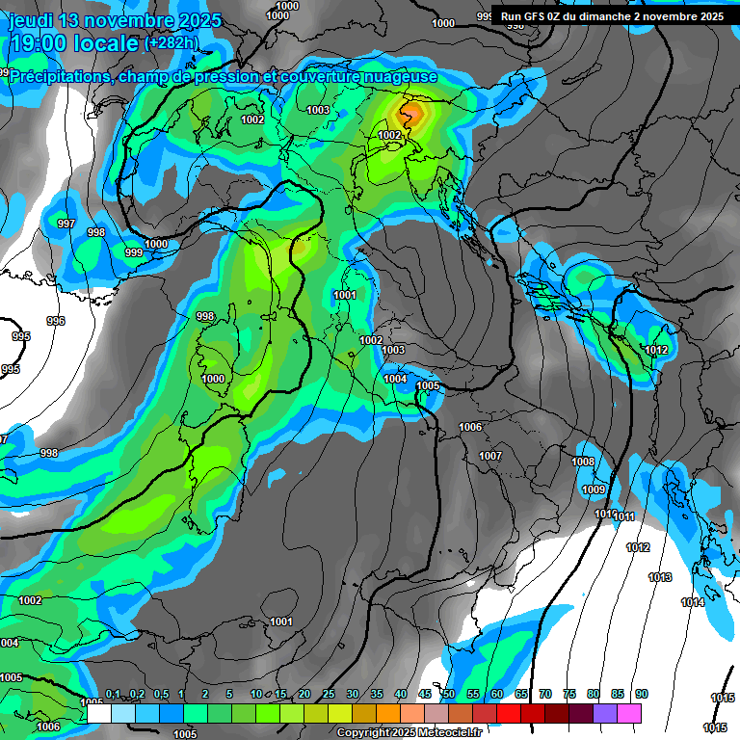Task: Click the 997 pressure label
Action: (66, 224)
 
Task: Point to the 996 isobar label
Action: (56, 321)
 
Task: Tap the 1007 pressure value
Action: (490, 456)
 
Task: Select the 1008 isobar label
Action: (583, 462)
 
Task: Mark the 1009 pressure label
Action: (594, 489)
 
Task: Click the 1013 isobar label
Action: (660, 577)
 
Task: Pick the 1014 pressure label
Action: (692, 602)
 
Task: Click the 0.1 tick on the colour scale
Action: (113, 695)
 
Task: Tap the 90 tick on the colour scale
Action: (642, 695)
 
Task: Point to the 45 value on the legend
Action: (425, 695)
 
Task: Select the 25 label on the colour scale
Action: (329, 695)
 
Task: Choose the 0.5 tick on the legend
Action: (161, 695)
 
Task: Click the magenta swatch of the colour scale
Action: (629, 713)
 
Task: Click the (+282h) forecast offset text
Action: (171, 43)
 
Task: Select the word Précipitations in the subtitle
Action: (60, 77)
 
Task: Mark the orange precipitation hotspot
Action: (411, 115)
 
